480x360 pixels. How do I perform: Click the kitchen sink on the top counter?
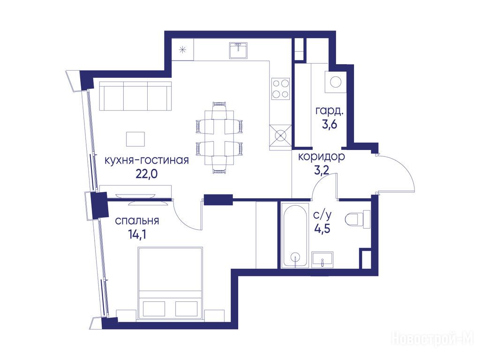click(x=238, y=51)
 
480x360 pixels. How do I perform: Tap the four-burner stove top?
click(x=281, y=89)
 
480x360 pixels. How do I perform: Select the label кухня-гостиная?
click(x=147, y=160)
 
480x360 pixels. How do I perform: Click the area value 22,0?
click(x=146, y=173)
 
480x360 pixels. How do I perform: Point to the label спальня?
click(x=137, y=221)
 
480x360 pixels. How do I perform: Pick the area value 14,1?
click(x=137, y=234)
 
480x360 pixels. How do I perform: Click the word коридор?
click(x=322, y=157)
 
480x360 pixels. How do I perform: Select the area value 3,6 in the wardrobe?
click(x=330, y=124)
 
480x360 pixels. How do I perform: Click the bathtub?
click(x=295, y=235)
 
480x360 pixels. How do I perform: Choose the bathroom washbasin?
click(x=322, y=260)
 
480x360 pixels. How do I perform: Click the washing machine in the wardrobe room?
click(x=336, y=82)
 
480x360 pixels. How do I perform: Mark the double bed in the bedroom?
click(x=170, y=283)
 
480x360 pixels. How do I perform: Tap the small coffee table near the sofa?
click(x=135, y=139)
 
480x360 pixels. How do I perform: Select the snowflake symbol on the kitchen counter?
click(x=183, y=49)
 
